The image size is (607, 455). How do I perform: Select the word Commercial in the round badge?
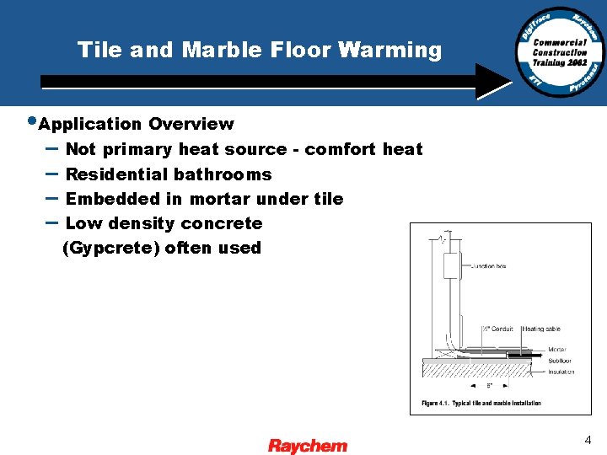(x=559, y=42)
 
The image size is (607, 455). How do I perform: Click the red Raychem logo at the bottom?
(x=308, y=445)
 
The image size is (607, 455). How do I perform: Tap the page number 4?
(x=588, y=439)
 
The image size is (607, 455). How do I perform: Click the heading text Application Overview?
(x=136, y=124)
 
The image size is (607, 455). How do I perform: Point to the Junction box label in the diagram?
(x=488, y=266)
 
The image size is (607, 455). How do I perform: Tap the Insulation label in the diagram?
(x=561, y=372)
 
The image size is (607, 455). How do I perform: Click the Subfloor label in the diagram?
(x=559, y=361)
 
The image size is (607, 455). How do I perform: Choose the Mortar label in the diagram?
(x=556, y=349)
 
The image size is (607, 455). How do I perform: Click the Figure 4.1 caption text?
(x=481, y=403)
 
